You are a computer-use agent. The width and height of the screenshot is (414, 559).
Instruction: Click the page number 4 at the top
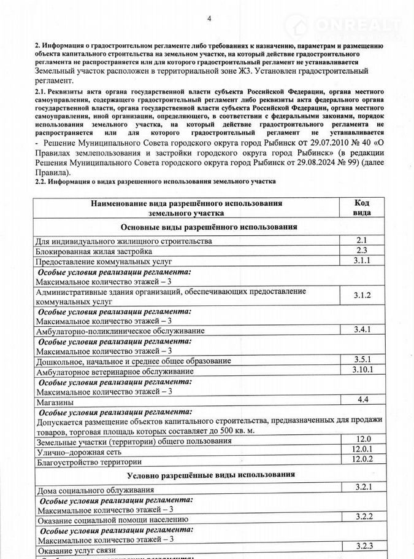(x=209, y=18)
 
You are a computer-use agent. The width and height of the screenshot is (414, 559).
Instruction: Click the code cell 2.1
(x=361, y=241)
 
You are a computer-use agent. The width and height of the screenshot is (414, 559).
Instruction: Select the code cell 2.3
(x=361, y=251)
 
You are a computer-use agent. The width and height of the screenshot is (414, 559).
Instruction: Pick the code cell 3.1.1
(x=362, y=261)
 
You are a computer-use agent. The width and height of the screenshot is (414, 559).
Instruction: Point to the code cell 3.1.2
(x=362, y=296)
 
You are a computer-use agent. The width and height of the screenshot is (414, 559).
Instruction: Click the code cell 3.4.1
(x=362, y=330)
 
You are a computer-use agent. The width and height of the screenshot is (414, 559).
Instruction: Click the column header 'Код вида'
(x=362, y=208)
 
